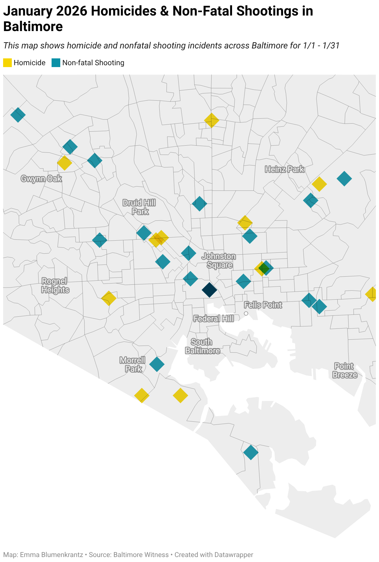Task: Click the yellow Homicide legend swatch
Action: click(x=7, y=63)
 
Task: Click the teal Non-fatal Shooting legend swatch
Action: click(x=56, y=63)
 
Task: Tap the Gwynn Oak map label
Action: click(x=41, y=179)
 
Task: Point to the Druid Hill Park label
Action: click(x=139, y=207)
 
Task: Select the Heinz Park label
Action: click(x=285, y=169)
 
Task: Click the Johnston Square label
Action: click(x=219, y=261)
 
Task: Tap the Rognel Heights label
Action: click(x=55, y=285)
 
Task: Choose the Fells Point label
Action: click(x=263, y=305)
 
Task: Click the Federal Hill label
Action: click(x=213, y=319)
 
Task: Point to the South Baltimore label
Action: click(x=203, y=346)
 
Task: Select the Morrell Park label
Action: click(x=133, y=365)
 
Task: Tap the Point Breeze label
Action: click(x=345, y=370)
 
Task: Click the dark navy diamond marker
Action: click(x=209, y=290)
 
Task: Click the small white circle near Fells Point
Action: click(x=246, y=314)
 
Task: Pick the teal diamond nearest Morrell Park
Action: click(x=157, y=364)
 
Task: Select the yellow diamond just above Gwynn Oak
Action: click(x=65, y=163)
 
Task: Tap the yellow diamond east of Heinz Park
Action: click(x=319, y=184)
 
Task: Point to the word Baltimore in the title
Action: click(x=33, y=27)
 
